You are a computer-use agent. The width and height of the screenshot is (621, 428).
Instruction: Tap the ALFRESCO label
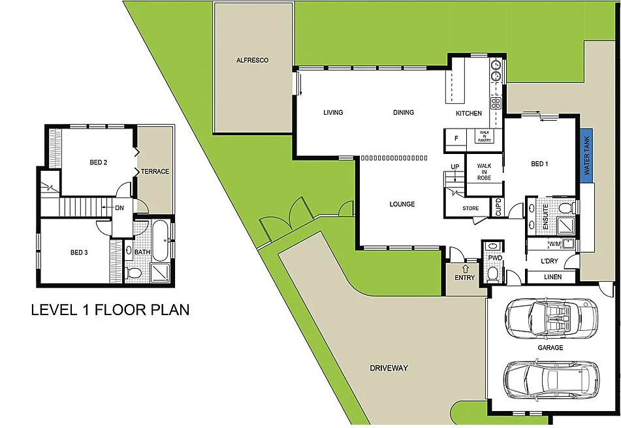[x=252, y=60]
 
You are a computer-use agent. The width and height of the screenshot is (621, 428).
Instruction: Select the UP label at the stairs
[x=454, y=168]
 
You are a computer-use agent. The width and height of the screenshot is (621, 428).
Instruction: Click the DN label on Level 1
[x=119, y=208]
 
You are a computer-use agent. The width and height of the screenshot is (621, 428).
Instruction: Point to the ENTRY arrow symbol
[x=466, y=267]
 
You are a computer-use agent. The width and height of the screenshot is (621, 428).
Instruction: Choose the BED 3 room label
[x=78, y=252]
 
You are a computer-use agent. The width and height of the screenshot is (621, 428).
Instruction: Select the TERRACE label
[x=155, y=172]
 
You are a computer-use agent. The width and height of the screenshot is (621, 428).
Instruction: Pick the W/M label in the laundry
[x=556, y=245]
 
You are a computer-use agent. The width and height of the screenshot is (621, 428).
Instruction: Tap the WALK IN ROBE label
[x=483, y=171]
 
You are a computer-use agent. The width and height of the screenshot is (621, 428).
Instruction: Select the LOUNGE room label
[x=402, y=204]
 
